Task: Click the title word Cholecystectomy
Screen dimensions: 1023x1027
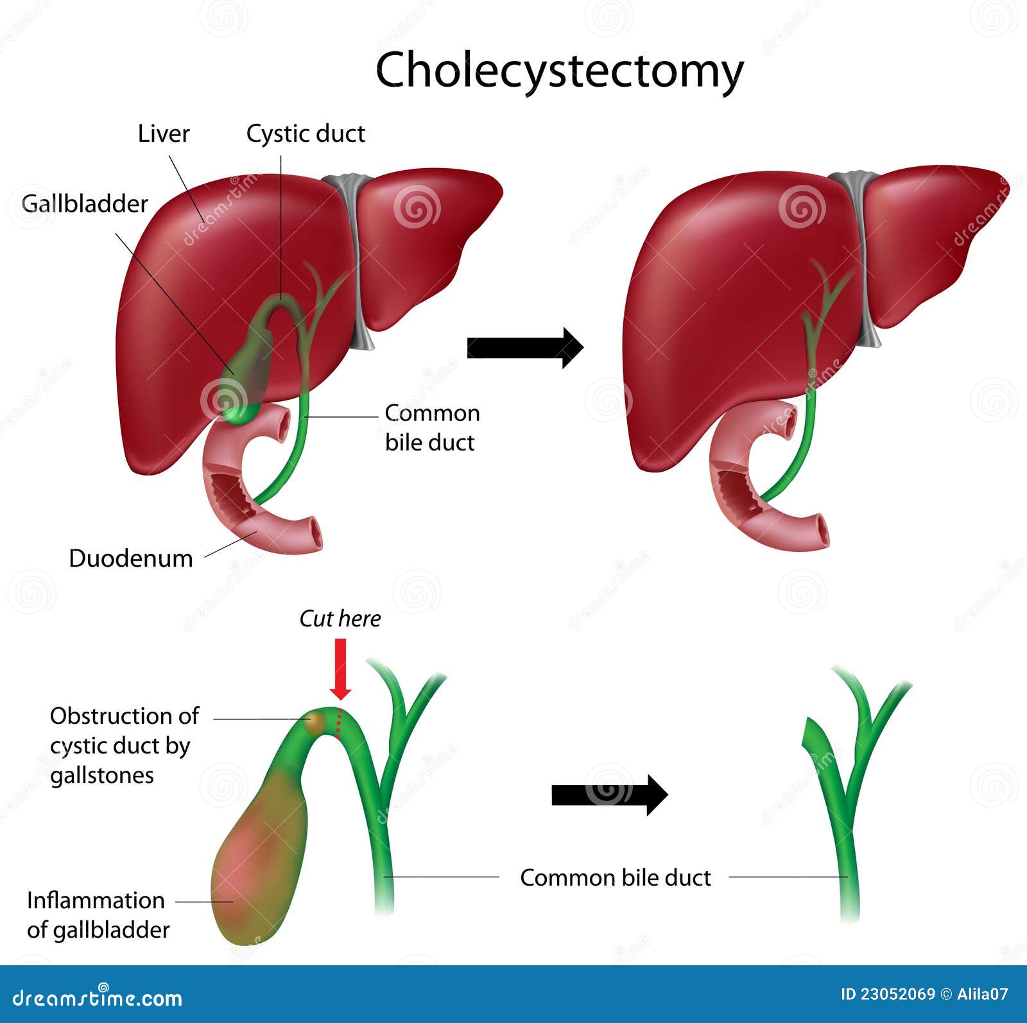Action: tap(559, 71)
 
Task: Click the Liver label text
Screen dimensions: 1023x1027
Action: tap(164, 133)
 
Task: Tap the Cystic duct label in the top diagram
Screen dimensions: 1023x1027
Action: tap(306, 133)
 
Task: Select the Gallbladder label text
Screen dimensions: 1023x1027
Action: tap(85, 203)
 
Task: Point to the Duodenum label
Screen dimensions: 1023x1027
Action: tap(131, 558)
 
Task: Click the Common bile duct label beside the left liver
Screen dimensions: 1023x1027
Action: tap(432, 427)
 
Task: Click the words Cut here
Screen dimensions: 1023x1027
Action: tap(340, 619)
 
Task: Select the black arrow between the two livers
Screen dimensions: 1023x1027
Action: tap(524, 347)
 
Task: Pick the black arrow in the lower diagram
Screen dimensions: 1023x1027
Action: tap(609, 795)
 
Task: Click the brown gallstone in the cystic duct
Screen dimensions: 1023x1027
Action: tap(316, 722)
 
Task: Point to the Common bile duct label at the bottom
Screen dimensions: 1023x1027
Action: tap(615, 877)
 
